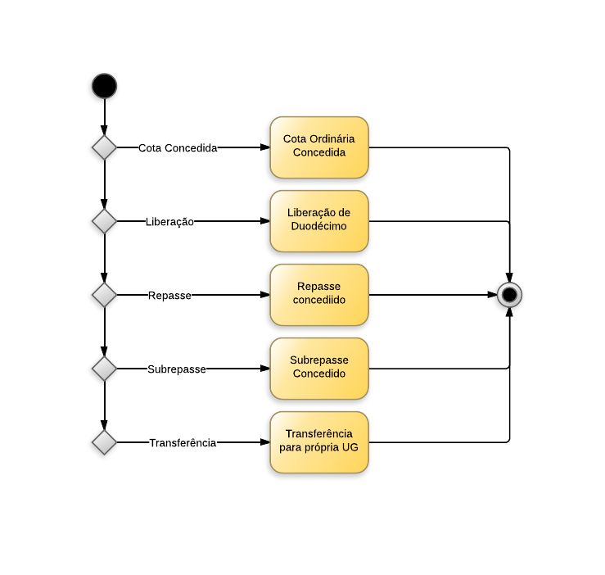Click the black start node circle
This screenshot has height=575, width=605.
point(104,86)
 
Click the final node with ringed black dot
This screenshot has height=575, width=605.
point(509,294)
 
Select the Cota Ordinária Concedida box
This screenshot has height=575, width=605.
point(319,147)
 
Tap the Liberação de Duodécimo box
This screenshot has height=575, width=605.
point(319,221)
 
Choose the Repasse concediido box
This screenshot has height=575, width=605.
point(319,295)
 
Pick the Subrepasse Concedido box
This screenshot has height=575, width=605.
point(319,369)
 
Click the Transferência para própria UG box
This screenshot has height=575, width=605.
point(319,442)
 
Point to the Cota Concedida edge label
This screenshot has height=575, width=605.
point(178,148)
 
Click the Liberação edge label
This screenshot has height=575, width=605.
point(169,222)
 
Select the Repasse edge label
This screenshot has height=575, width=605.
point(169,296)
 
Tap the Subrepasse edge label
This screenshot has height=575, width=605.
point(177,369)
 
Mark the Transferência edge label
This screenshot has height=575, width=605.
point(183,443)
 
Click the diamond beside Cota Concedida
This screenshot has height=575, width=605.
point(104,147)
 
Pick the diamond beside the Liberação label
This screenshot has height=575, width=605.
point(104,221)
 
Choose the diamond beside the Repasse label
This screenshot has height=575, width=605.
point(104,295)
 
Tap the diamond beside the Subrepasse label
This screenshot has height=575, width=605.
point(104,369)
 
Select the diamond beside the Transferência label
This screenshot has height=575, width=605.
point(104,442)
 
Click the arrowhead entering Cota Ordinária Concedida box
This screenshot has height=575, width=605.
point(265,147)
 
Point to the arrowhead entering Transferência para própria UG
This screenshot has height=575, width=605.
point(265,442)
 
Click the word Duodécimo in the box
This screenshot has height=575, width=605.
point(319,227)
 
